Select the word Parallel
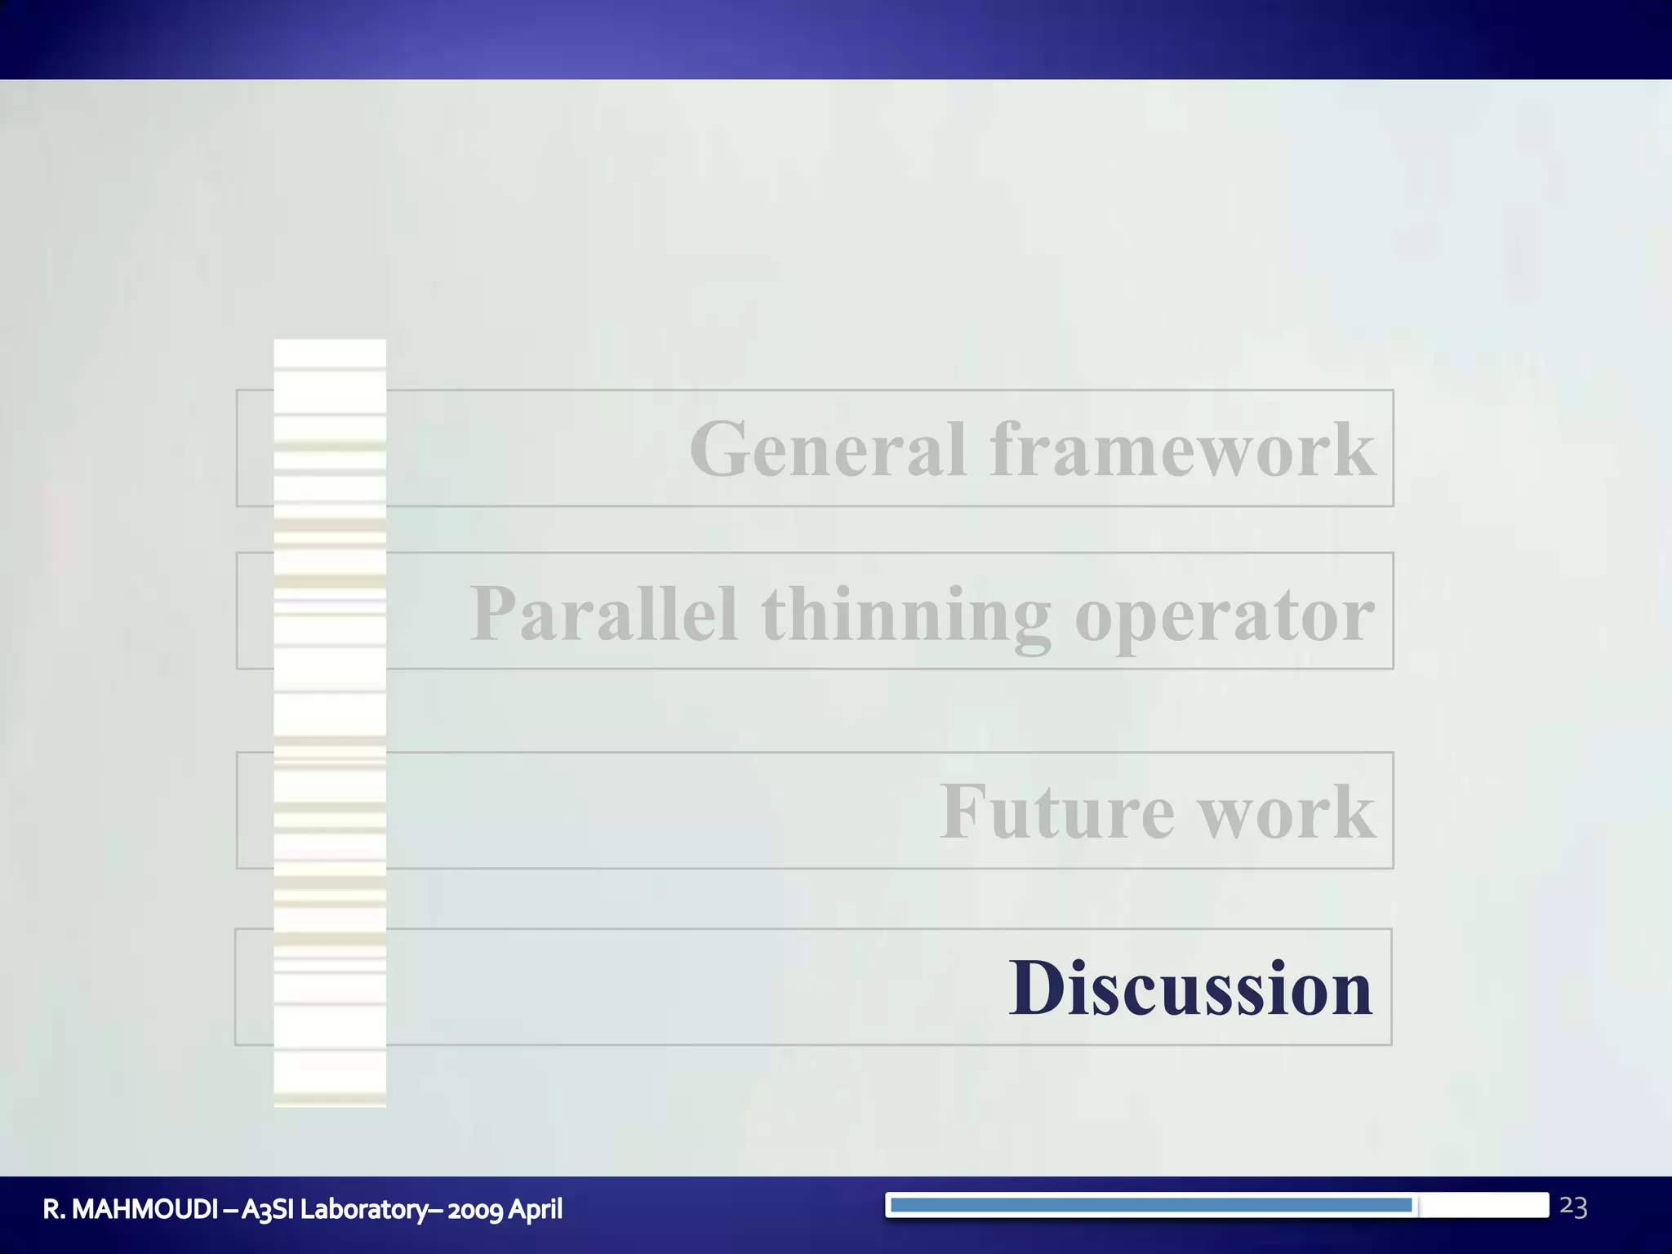[x=604, y=614]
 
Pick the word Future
[x=1057, y=812]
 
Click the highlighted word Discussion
[x=1190, y=988]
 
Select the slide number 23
[x=1573, y=1207]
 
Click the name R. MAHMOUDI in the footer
[x=130, y=1209]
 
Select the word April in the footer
[x=536, y=1209]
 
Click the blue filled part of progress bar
[x=1151, y=1205]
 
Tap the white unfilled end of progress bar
[x=1482, y=1205]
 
